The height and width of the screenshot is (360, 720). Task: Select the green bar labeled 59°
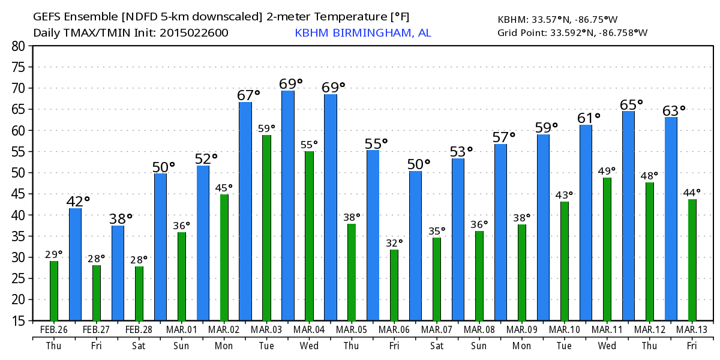(x=266, y=228)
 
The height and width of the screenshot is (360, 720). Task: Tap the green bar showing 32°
(x=394, y=285)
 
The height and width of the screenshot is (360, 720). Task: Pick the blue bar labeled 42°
(x=76, y=264)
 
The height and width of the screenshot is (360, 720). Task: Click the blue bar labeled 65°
(x=628, y=216)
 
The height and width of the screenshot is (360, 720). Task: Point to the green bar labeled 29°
(x=54, y=291)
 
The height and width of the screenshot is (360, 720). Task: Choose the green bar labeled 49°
(x=607, y=249)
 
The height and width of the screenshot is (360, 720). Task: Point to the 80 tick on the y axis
(x=19, y=46)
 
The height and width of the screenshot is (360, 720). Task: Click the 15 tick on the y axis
(x=19, y=321)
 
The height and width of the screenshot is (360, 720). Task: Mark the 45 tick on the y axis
(x=19, y=194)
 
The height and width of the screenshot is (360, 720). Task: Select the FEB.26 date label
(x=54, y=329)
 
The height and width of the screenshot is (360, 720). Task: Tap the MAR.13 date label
(x=692, y=329)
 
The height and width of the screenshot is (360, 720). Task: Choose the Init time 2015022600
(x=194, y=32)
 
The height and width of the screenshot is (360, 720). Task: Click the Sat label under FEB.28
(x=139, y=346)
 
